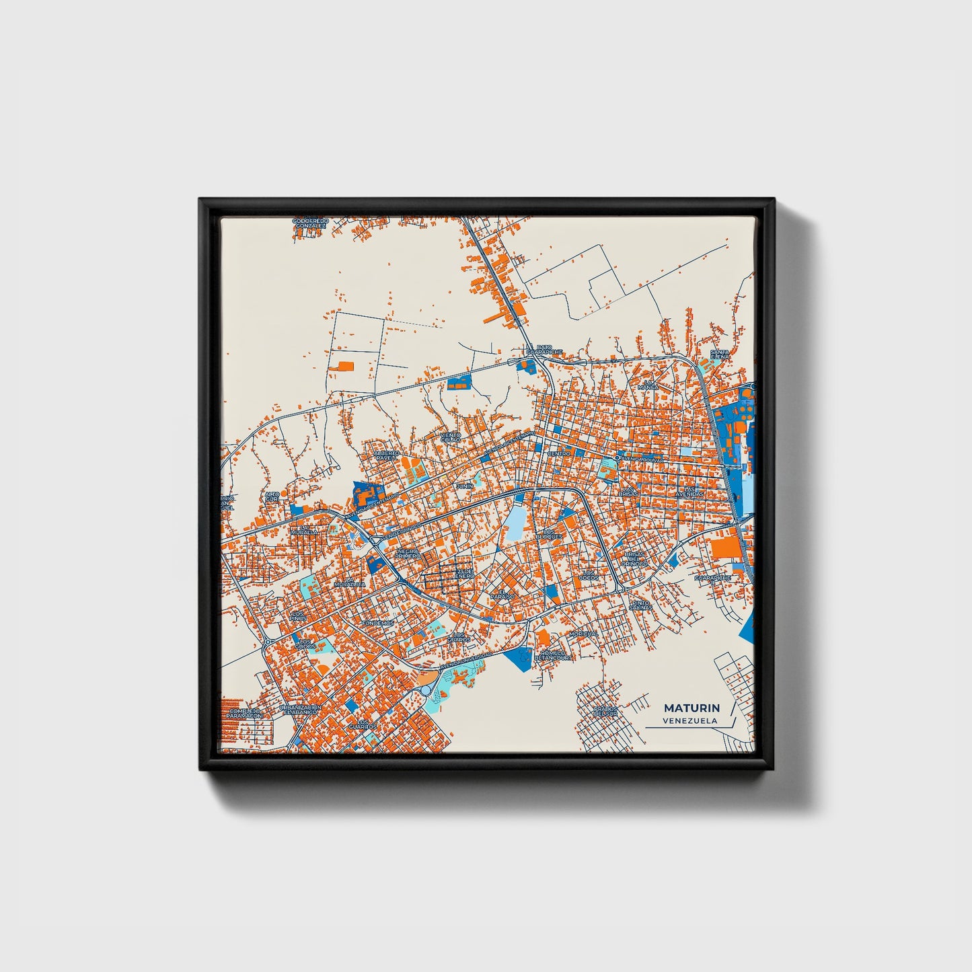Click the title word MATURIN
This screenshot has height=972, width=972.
[691, 708]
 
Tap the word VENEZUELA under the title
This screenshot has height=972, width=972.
[689, 720]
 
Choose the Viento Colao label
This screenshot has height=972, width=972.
[450, 437]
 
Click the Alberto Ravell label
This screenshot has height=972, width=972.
[387, 455]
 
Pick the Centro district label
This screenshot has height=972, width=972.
[558, 454]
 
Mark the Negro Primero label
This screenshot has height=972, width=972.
[407, 553]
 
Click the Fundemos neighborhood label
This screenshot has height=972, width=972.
[377, 623]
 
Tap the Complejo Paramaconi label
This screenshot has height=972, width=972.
[243, 713]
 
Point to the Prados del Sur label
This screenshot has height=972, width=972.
[605, 711]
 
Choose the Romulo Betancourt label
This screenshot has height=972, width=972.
[555, 656]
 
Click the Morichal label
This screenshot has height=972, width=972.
[583, 634]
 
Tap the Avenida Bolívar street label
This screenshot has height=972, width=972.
[642, 459]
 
